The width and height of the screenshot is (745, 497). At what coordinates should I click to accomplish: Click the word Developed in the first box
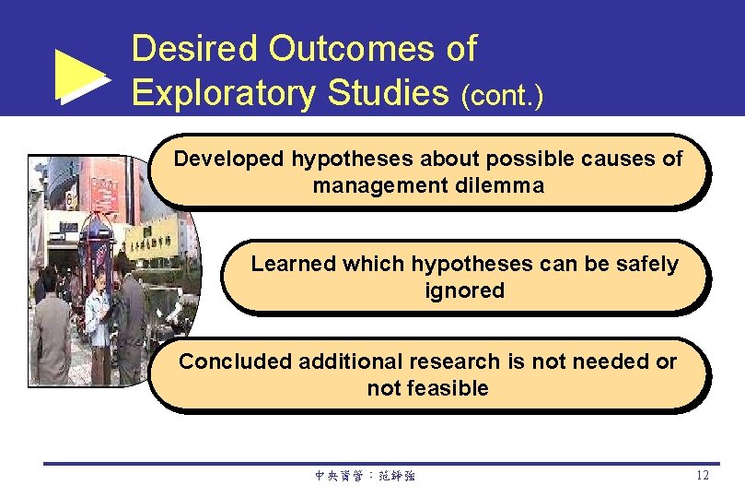coord(229,159)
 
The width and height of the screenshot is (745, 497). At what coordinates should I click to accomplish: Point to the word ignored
coord(464,290)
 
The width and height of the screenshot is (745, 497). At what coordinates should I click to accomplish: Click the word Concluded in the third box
coord(235,361)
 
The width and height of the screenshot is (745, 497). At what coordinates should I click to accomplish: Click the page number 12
coord(703,476)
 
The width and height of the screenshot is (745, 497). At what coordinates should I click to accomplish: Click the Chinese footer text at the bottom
coord(365,477)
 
